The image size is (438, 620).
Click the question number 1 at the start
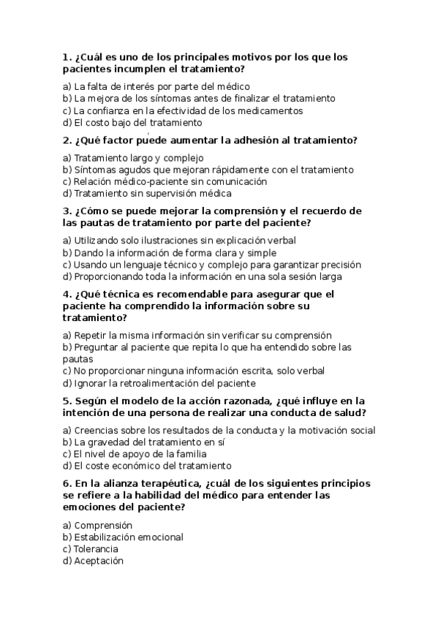[67, 57]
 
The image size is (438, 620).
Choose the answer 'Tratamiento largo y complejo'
[132, 158]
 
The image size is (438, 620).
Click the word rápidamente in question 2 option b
[245, 170]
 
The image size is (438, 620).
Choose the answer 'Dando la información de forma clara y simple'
[169, 253]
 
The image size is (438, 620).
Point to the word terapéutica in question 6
[173, 484]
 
